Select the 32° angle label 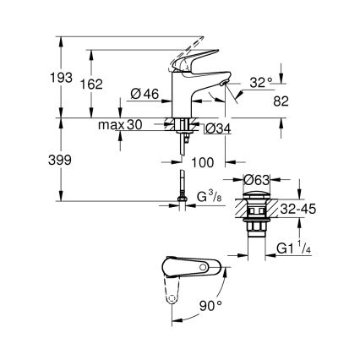coord(262,84)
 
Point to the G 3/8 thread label coord(210,199)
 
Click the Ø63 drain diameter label coord(258,179)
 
